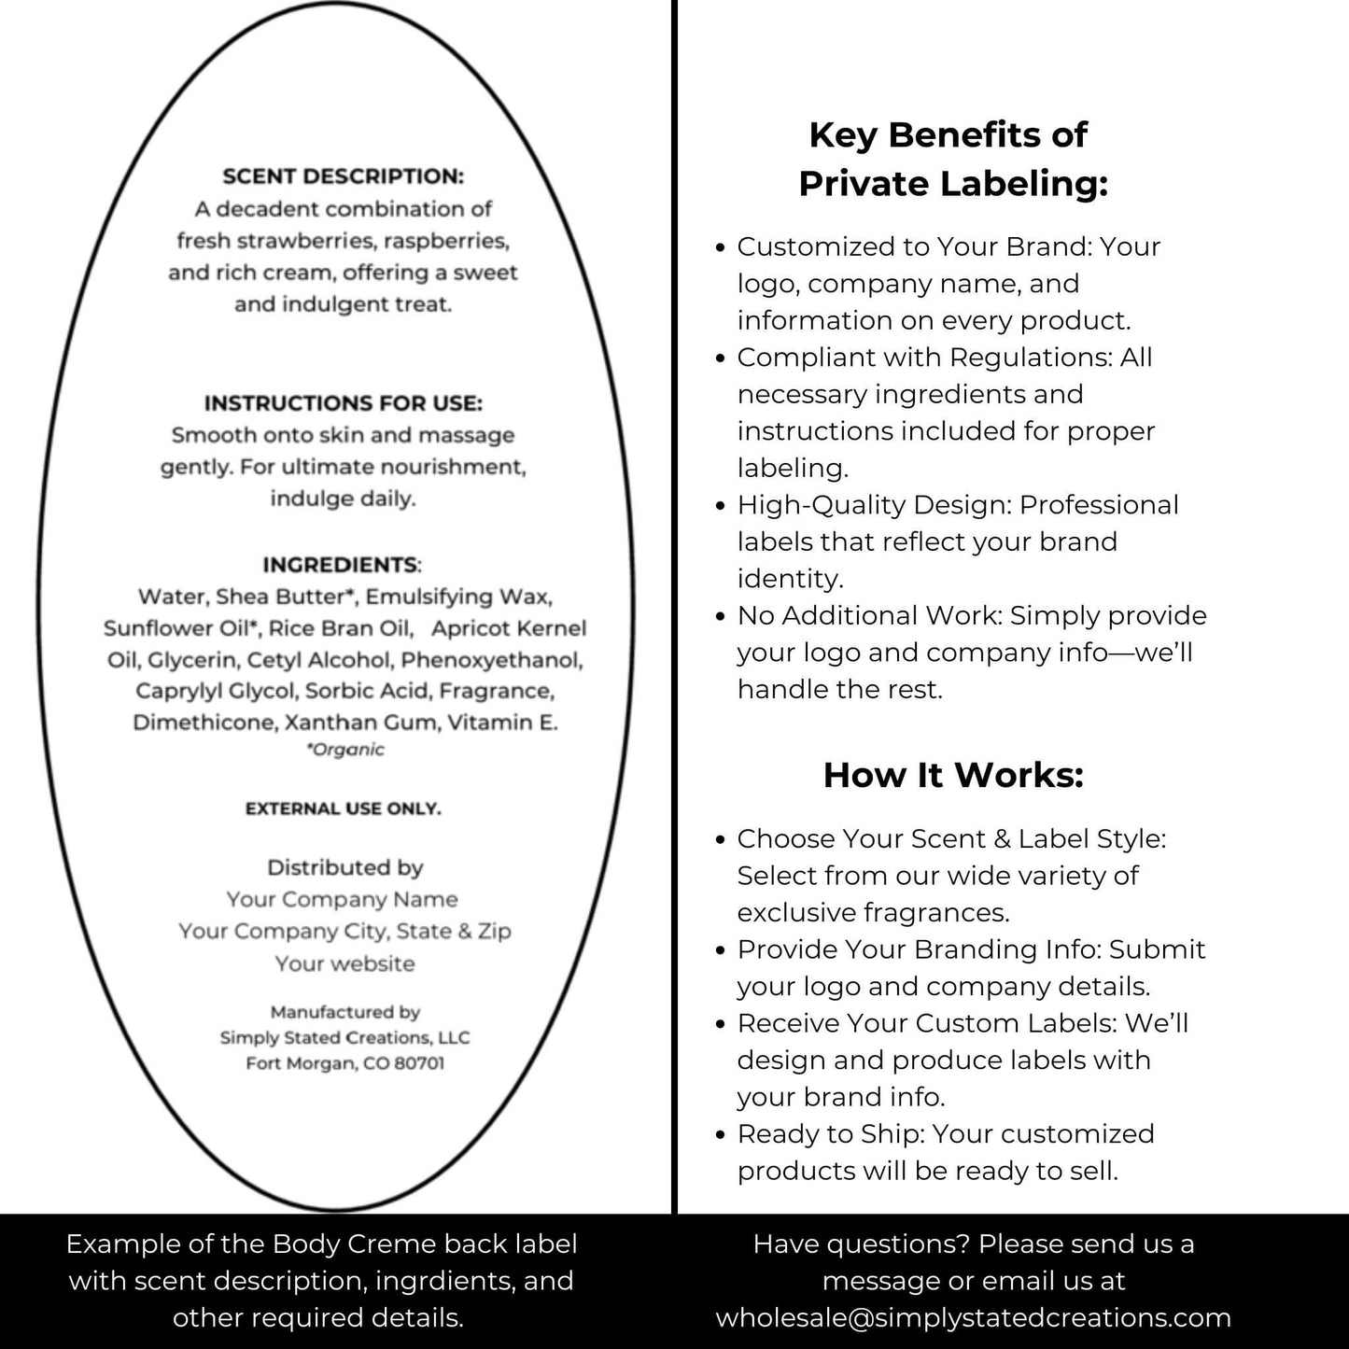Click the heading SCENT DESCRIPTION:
point(343,176)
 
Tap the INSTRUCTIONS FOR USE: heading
point(343,403)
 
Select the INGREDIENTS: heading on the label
point(342,565)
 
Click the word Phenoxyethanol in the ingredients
point(491,660)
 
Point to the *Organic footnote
point(344,750)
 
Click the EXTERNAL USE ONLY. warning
point(343,808)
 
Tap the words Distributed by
point(344,867)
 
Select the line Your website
point(344,963)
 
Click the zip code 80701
point(418,1063)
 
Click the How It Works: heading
point(953,775)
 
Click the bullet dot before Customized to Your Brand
point(720,248)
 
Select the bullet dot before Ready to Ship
point(720,1135)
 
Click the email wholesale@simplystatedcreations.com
point(973,1317)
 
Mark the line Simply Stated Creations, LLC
point(344,1037)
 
